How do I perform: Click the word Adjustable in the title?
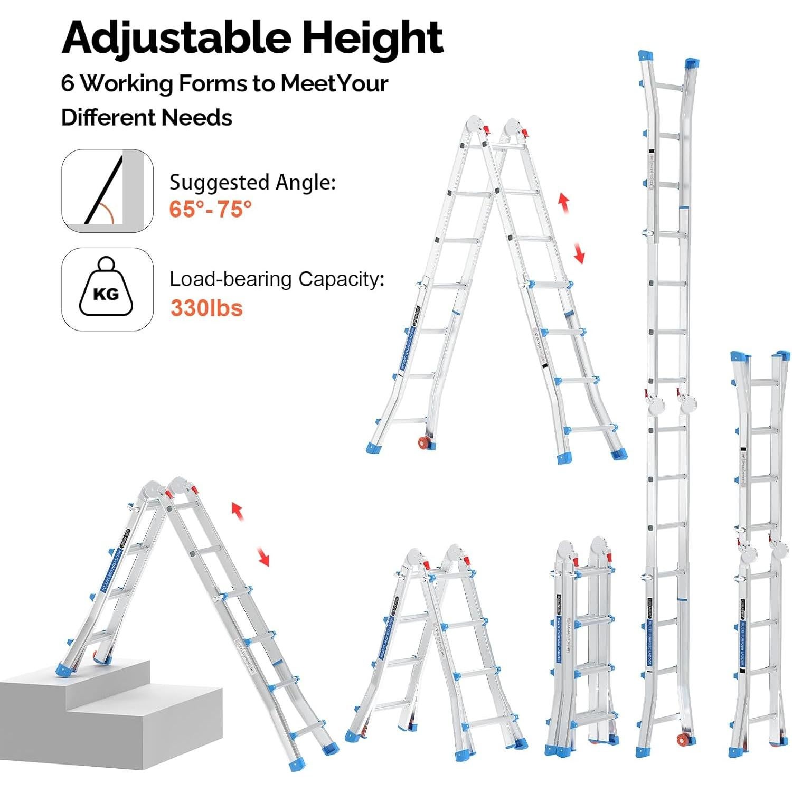pyautogui.click(x=176, y=38)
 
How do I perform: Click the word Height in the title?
pyautogui.click(x=373, y=38)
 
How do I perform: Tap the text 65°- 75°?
pyautogui.click(x=210, y=209)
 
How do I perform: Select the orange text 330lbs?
pyautogui.click(x=206, y=308)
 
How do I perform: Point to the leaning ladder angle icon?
pyautogui.click(x=107, y=191)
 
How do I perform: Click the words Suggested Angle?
pyautogui.click(x=252, y=183)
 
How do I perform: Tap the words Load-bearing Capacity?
pyautogui.click(x=276, y=279)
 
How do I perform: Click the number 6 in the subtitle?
pyautogui.click(x=68, y=83)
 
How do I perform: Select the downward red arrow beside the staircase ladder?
pyautogui.click(x=262, y=557)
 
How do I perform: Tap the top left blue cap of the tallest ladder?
pyautogui.click(x=644, y=56)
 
